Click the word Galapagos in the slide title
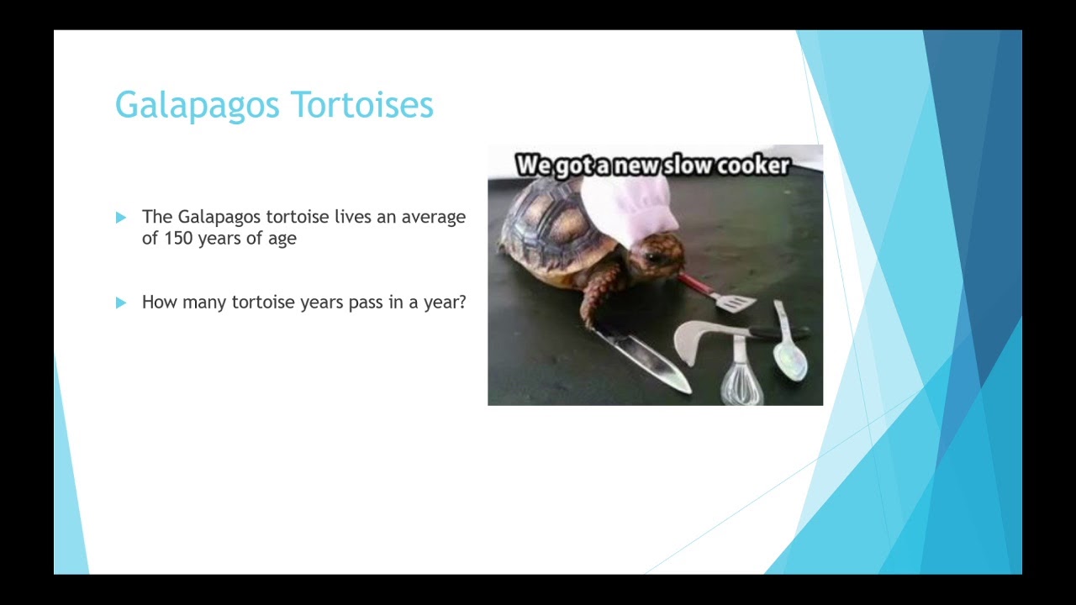(x=198, y=106)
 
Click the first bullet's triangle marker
(x=121, y=218)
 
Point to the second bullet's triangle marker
(x=121, y=302)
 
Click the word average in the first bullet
(x=433, y=217)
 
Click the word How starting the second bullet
(x=158, y=302)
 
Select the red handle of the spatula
(x=694, y=284)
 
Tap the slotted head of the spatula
(x=735, y=302)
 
